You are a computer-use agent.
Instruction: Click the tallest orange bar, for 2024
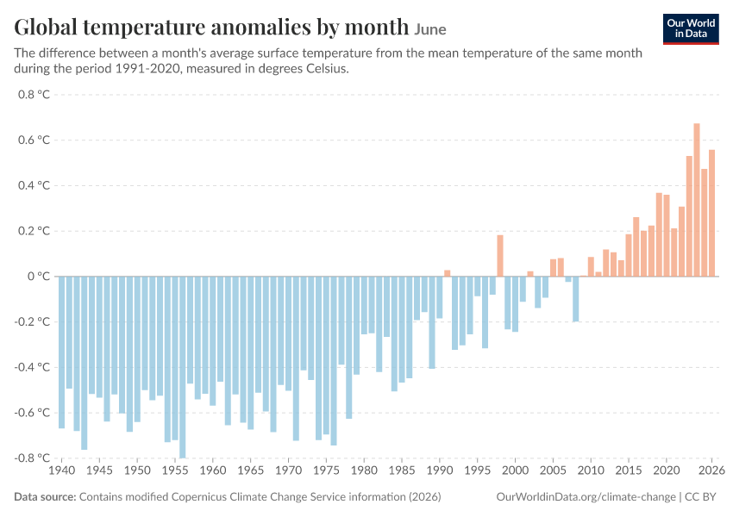coord(697,200)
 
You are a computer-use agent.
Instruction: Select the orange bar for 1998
coord(500,255)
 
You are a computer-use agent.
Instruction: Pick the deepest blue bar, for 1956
coord(182,367)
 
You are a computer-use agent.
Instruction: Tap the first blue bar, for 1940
coord(62,352)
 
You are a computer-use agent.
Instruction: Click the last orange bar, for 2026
coord(712,213)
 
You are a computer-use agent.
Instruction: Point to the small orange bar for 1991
coord(448,273)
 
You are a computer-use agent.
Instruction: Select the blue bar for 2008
coord(575,299)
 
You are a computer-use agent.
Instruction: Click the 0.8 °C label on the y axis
coord(34,94)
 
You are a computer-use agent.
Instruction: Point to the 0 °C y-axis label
coord(38,276)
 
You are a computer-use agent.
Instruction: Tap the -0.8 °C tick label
coord(32,458)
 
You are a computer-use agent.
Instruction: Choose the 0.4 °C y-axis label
coord(34,185)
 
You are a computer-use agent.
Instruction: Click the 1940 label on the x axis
coord(62,470)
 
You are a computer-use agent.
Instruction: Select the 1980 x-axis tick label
coord(364,470)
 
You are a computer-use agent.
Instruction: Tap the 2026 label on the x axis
coord(711,470)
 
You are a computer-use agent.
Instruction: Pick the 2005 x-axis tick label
coord(553,470)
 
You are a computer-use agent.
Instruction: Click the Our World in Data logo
coord(691,29)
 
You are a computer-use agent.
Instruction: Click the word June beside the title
coord(430,29)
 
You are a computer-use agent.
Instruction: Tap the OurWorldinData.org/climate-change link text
coord(586,496)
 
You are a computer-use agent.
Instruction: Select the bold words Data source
coord(45,496)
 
